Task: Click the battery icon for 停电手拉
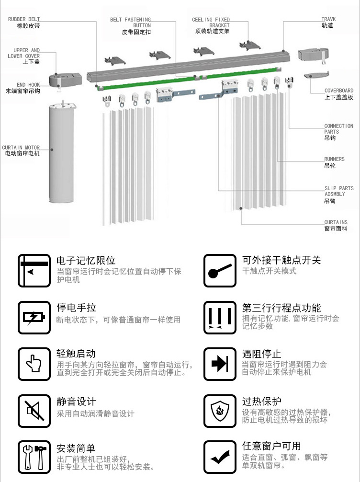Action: click(x=34, y=317)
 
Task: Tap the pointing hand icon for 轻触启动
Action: click(x=34, y=364)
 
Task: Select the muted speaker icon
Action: click(x=34, y=411)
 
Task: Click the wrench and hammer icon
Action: click(x=34, y=457)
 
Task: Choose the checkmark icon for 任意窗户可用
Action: click(x=220, y=457)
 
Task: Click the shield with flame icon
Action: click(x=220, y=411)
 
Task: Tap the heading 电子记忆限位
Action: click(x=86, y=261)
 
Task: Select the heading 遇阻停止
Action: click(x=261, y=354)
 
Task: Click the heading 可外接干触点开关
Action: click(x=281, y=260)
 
